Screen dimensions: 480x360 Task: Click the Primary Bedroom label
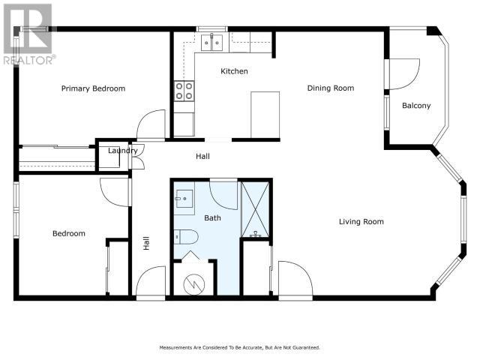click(x=93, y=88)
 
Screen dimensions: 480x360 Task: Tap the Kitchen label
click(x=234, y=71)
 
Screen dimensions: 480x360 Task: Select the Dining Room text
click(x=331, y=88)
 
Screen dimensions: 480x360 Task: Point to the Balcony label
click(x=416, y=106)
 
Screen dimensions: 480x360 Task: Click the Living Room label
click(x=361, y=222)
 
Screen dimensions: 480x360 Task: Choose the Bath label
click(x=212, y=218)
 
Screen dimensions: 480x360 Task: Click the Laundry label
click(x=122, y=151)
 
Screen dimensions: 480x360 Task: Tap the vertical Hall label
click(x=146, y=243)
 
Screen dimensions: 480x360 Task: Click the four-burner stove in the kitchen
click(x=184, y=91)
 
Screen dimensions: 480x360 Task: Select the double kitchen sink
click(x=211, y=43)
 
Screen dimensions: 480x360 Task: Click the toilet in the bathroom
click(x=186, y=237)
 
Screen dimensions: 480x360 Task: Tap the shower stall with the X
click(x=255, y=209)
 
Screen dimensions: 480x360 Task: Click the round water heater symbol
click(x=193, y=284)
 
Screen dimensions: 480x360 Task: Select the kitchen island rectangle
click(x=265, y=115)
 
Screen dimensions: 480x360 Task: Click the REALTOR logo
click(x=28, y=34)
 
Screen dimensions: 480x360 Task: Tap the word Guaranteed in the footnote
click(x=305, y=347)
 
